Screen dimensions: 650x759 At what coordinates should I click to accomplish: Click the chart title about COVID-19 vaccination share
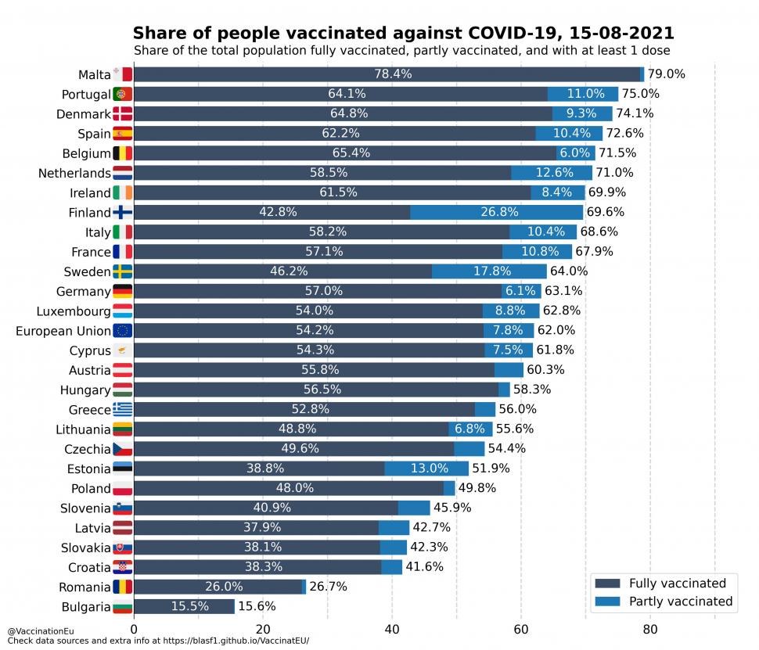coord(403,33)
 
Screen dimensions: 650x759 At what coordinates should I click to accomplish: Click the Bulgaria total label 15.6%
coord(257,606)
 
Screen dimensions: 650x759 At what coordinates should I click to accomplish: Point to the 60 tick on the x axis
coord(520,628)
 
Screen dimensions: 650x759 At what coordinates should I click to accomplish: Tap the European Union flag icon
coord(123,331)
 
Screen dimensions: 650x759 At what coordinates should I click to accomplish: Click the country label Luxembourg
coord(74,311)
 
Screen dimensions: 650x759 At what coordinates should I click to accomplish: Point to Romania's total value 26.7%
coord(328,587)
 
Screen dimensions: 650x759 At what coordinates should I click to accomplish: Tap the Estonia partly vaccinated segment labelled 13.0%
coord(426,469)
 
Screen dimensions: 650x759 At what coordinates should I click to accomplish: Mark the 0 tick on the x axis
coord(134,628)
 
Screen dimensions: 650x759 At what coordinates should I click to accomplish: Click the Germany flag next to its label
coord(123,291)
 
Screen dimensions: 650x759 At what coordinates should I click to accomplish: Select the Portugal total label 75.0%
coord(640,94)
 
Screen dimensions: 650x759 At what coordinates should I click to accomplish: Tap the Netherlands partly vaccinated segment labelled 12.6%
coord(552,173)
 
